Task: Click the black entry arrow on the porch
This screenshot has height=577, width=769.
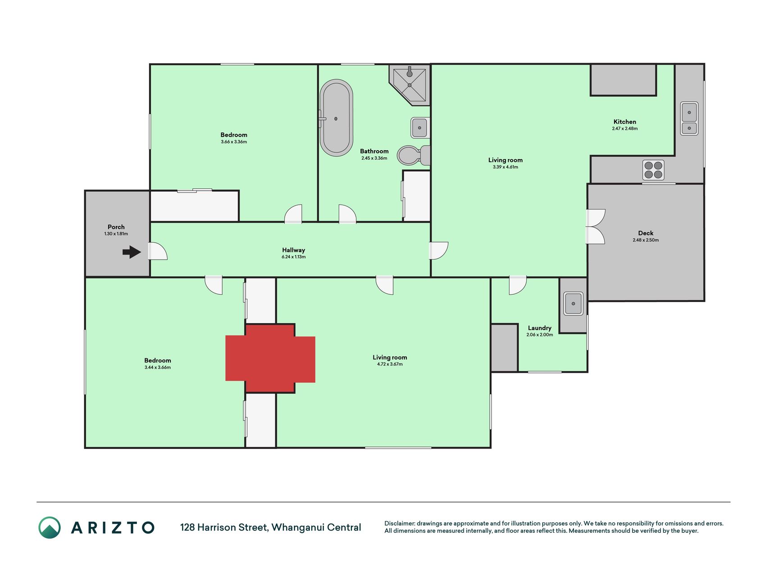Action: coord(132,252)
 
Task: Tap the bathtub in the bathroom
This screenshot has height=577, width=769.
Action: coord(336,118)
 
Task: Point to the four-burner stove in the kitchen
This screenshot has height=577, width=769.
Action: coord(653,170)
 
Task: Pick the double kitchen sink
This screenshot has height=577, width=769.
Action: coord(689,118)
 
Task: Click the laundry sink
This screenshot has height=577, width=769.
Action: coord(573,303)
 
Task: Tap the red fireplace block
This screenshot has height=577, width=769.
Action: coord(270,358)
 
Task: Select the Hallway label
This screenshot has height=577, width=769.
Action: coord(294,250)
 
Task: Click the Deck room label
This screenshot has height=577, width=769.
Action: coord(646,233)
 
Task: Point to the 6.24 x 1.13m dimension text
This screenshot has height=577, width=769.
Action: coord(294,257)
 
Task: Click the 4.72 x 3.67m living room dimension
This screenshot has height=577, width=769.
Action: coord(390,364)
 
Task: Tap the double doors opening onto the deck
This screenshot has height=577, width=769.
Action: coord(595,227)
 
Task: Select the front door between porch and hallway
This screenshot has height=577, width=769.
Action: coord(158,251)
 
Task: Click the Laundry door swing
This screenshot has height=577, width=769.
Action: coord(518,285)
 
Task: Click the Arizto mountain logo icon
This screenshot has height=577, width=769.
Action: coord(50,527)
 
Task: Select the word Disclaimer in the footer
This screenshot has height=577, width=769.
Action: coord(400,523)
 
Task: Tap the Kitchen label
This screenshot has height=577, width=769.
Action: coord(625,122)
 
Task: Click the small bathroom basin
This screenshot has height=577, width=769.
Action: coord(419,128)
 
